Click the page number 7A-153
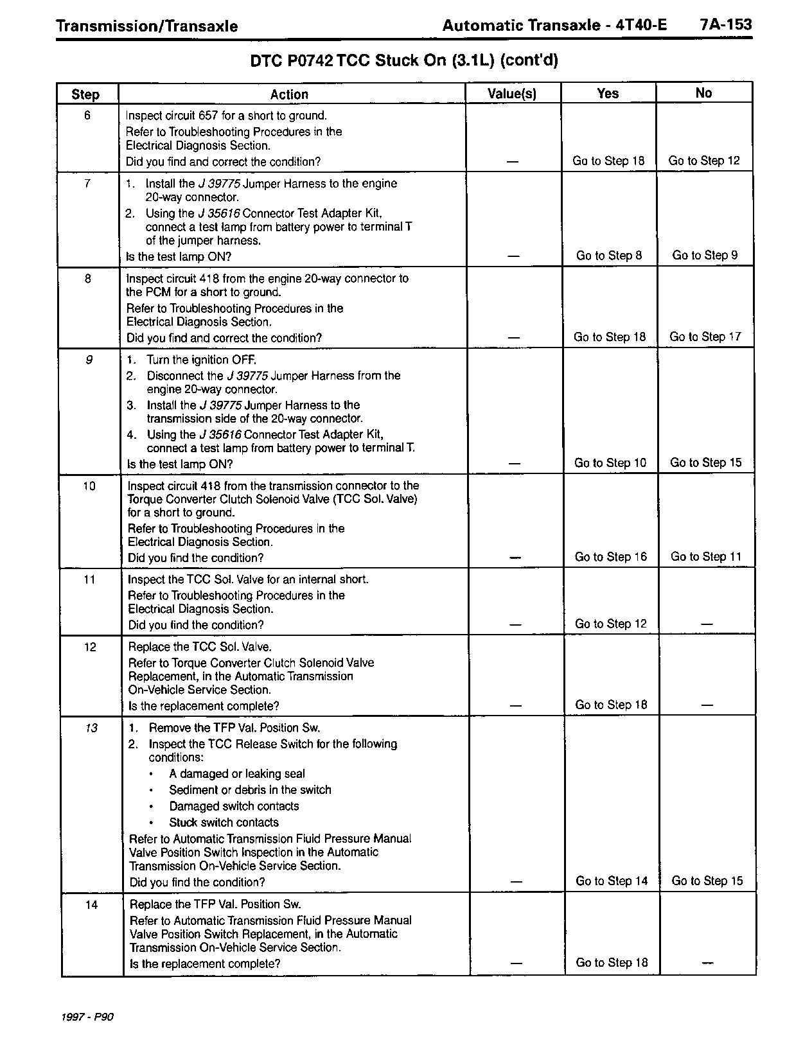725,25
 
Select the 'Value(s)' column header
512,94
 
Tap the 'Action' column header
289,94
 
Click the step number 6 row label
87,116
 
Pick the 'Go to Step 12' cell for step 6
704,161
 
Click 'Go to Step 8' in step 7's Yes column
608,256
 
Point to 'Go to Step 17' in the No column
705,337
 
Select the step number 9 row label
89,360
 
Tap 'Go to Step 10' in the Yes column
610,463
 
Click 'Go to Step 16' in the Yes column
610,557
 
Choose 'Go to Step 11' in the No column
705,557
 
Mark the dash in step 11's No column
707,624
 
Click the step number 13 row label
91,728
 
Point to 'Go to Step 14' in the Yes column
612,881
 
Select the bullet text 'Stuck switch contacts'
224,823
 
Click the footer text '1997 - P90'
87,1017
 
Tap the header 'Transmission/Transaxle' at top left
147,26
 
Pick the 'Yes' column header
608,94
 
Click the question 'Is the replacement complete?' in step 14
205,964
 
